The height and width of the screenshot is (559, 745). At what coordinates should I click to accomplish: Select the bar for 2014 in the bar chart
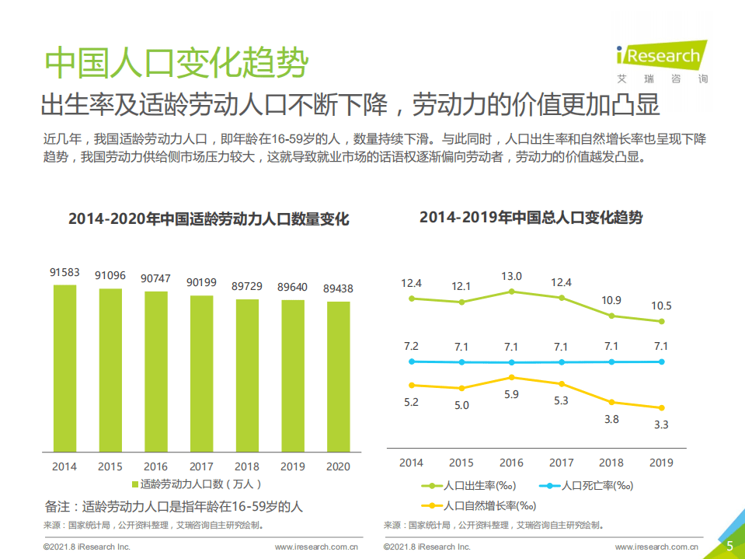point(64,369)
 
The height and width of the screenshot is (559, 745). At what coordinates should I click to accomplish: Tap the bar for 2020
point(338,376)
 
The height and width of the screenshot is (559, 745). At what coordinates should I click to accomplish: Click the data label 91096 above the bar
point(110,275)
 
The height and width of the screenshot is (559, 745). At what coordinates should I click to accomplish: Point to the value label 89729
point(247,286)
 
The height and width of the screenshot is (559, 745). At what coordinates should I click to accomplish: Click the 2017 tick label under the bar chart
point(201,466)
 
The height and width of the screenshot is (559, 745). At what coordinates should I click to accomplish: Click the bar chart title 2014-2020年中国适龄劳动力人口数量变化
point(208,219)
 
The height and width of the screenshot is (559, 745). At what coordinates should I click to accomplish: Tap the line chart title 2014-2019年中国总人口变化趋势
point(531,218)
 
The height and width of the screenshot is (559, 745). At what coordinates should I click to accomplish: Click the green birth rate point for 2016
point(511,292)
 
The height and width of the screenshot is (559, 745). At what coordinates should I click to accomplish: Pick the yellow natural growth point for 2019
point(661,407)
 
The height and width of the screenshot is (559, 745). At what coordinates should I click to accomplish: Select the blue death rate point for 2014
point(412,361)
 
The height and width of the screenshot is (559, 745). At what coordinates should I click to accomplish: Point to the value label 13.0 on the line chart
point(511,276)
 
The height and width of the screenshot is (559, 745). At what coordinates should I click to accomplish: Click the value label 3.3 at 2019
point(661,424)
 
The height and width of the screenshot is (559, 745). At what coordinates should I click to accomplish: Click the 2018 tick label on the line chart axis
point(611,463)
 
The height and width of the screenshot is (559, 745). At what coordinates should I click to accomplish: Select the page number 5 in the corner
point(729,546)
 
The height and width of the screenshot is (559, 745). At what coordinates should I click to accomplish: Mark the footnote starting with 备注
point(173,507)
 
